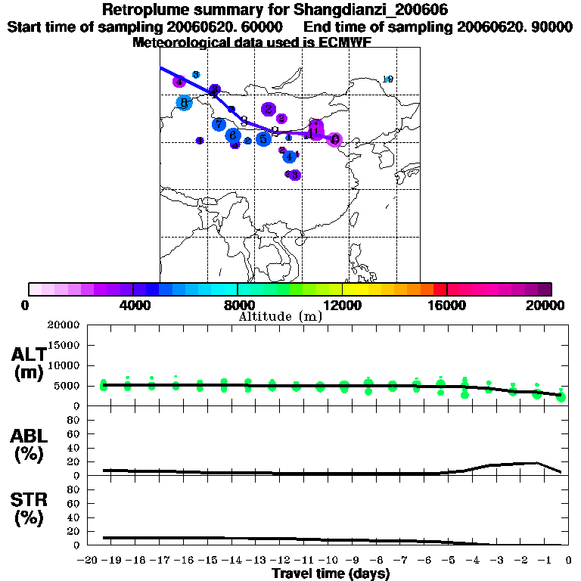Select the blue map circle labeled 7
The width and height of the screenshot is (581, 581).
tap(219, 124)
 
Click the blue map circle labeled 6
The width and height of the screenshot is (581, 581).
tap(233, 135)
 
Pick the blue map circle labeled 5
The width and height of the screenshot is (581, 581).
tap(263, 139)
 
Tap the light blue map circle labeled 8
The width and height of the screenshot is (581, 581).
tap(183, 103)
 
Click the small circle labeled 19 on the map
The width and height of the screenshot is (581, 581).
tap(389, 79)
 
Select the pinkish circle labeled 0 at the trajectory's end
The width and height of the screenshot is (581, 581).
tap(335, 139)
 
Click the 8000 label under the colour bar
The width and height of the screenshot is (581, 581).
tap(238, 305)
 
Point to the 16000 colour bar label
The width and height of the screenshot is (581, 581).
tap(447, 305)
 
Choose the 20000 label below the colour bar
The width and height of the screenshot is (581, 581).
tap(551, 305)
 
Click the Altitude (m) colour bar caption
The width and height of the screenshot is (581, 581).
tap(281, 316)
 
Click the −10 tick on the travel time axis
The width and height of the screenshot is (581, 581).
tap(328, 561)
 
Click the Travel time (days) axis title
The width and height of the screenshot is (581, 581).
tap(331, 574)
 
